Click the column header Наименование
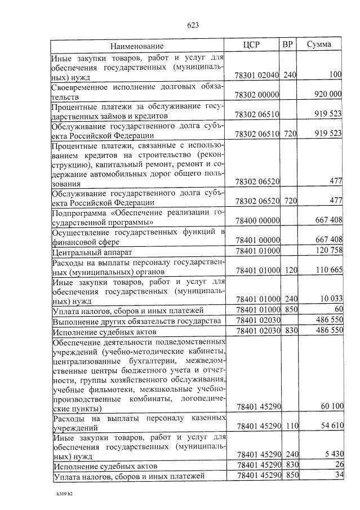pyautogui.click(x=136, y=46)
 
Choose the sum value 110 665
pyautogui.click(x=328, y=270)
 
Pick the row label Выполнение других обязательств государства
pyautogui.click(x=135, y=321)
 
